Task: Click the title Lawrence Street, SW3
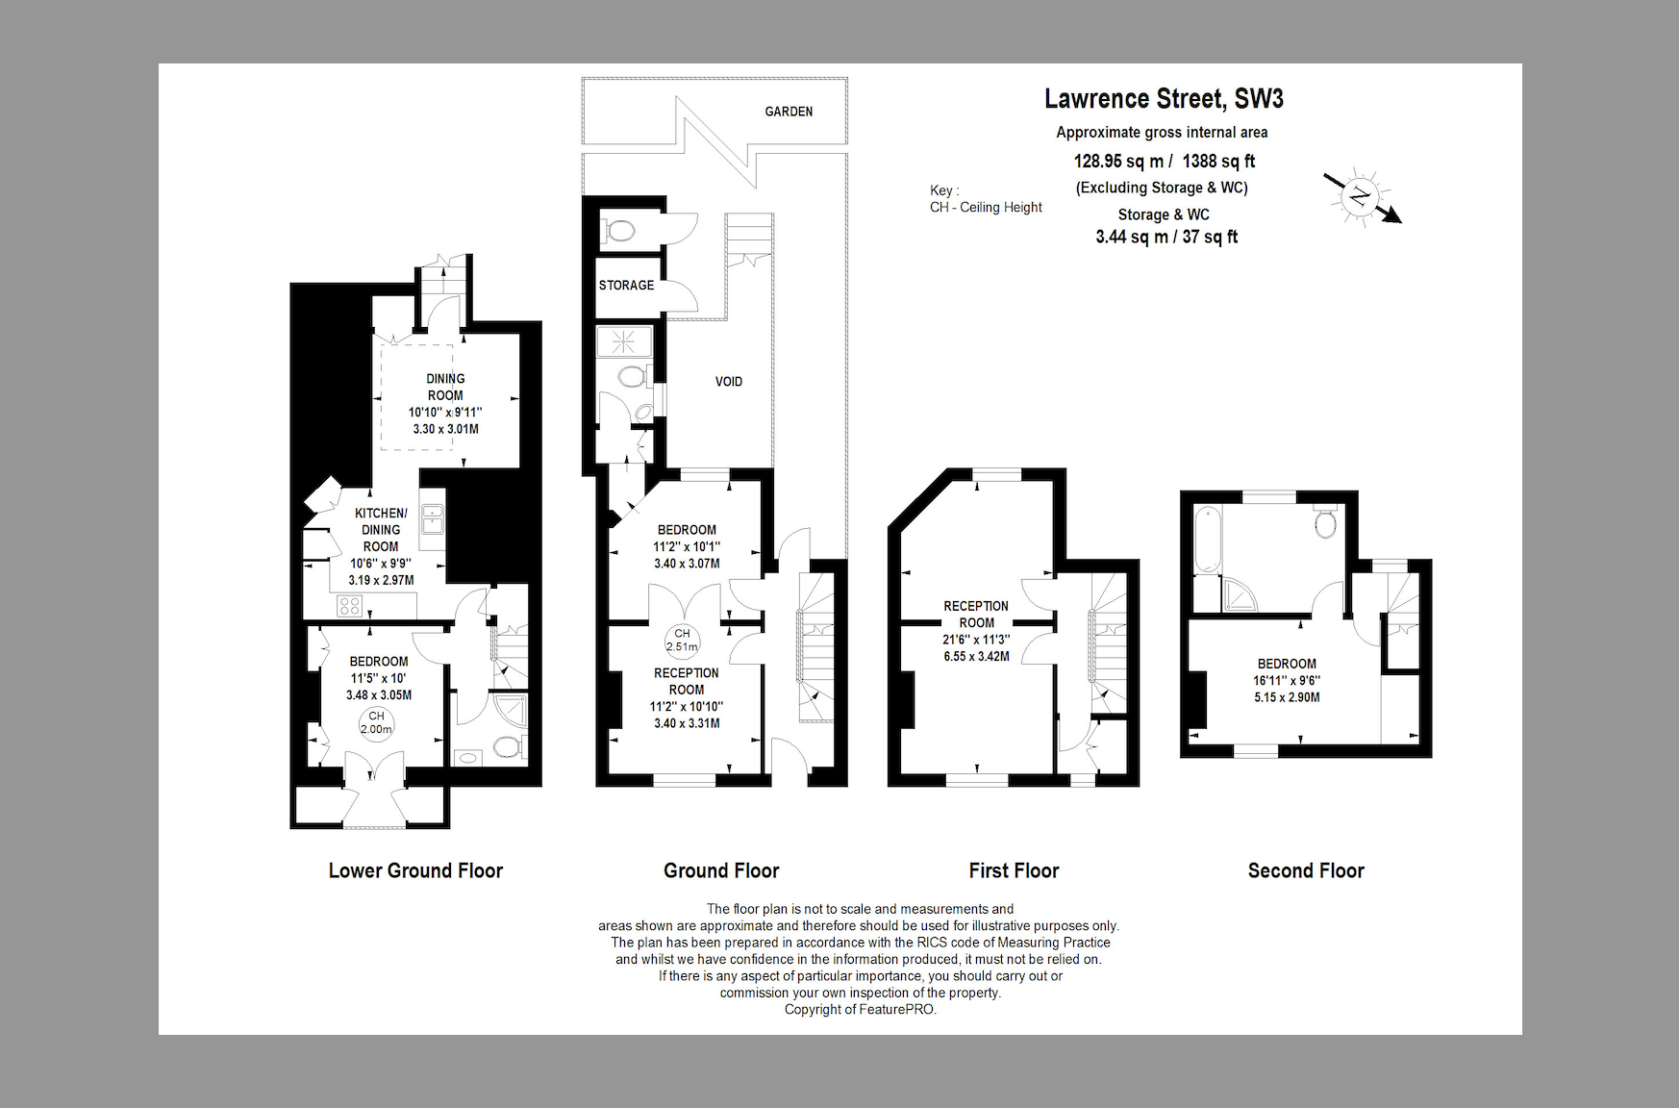coord(1164,99)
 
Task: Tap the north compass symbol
coord(1360,197)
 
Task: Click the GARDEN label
coord(789,112)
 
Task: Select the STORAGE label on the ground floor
coord(626,285)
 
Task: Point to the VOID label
coord(729,382)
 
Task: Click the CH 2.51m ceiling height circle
coord(682,641)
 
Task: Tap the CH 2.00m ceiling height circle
coord(376,722)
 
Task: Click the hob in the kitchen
coord(349,606)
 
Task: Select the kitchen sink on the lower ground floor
coord(432,519)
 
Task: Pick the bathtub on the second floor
coord(1206,541)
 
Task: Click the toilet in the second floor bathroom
coord(1326,521)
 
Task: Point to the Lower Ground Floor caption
coord(415,870)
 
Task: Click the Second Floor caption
coord(1306,870)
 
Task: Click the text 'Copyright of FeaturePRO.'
coord(860,1010)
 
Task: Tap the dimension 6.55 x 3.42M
coord(976,656)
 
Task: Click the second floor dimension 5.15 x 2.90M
coord(1287,697)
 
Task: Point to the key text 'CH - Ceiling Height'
coord(986,207)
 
